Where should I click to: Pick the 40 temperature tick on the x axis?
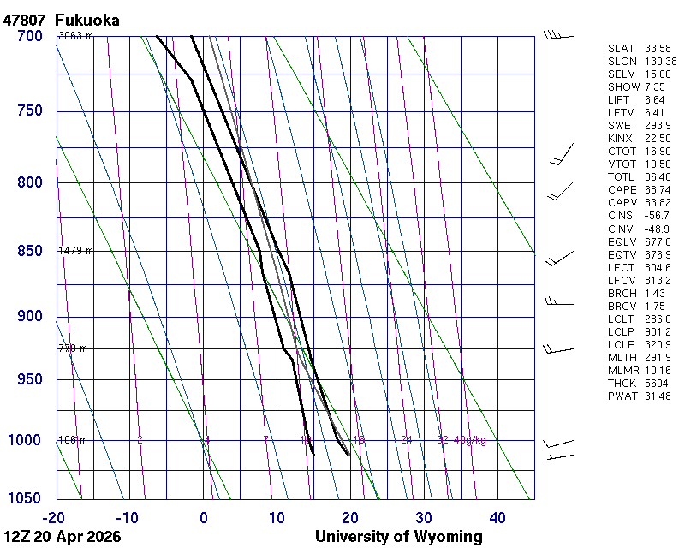click(497, 517)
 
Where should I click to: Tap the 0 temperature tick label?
click(204, 517)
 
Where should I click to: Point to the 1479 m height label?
click(75, 251)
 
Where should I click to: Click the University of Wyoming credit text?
click(399, 537)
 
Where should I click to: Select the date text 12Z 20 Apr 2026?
click(62, 537)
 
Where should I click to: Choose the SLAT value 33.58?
click(657, 49)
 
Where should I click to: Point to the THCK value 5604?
click(657, 383)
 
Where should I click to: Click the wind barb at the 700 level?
click(557, 35)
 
